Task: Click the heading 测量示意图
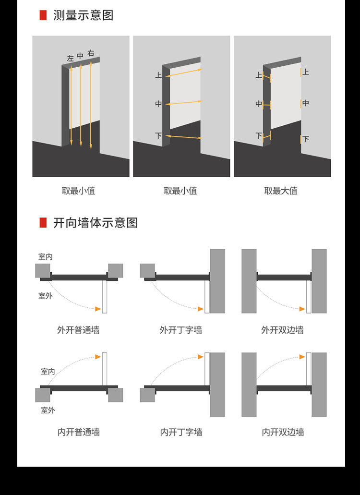[83, 15]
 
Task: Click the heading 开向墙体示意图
[95, 223]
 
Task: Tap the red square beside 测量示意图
[43, 15]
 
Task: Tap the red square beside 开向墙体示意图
[43, 223]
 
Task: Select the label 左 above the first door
[71, 58]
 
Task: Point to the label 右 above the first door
[91, 53]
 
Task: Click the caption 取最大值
[281, 191]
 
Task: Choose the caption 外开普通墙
[78, 330]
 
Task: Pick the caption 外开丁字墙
[180, 330]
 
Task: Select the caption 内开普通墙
[78, 432]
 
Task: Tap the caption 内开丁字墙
[181, 432]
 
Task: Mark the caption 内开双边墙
[283, 432]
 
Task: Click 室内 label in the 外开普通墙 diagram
[46, 257]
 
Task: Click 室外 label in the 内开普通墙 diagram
[48, 410]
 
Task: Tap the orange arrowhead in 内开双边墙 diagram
[302, 357]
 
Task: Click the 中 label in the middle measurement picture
[158, 104]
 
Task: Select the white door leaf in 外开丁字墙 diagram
[207, 296]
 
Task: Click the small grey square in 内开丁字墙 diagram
[147, 395]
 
